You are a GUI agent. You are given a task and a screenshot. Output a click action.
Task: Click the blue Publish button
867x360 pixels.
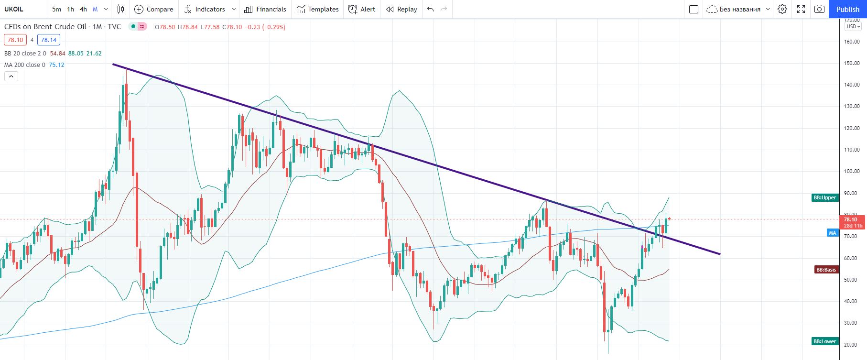[847, 9]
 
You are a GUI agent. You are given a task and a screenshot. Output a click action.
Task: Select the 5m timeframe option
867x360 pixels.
[56, 9]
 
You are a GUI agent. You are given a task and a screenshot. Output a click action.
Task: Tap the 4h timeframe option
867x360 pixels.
[83, 9]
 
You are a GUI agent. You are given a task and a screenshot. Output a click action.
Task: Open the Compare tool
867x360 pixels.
[154, 9]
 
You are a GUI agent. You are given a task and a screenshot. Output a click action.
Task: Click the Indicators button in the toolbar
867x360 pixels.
[205, 9]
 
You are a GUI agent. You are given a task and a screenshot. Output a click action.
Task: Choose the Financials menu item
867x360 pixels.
[265, 9]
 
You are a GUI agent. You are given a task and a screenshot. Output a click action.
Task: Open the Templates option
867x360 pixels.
[317, 9]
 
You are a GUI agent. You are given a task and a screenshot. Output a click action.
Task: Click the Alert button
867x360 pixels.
[362, 9]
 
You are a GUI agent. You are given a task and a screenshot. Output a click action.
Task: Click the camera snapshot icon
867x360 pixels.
[819, 9]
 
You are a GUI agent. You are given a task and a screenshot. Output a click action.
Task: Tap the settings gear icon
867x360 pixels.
[782, 9]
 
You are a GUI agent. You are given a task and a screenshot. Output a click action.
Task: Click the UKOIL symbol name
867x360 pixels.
[14, 9]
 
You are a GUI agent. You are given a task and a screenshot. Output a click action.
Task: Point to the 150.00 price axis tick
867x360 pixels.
[852, 63]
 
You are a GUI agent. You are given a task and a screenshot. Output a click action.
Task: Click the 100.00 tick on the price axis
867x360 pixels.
[852, 171]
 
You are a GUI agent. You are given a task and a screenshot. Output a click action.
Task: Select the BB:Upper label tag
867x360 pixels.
[825, 197]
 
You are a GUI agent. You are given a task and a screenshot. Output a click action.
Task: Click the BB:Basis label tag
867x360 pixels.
[826, 270]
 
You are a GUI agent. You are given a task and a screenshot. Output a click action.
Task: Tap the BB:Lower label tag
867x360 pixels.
[825, 341]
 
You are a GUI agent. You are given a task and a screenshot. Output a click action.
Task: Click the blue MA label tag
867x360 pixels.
[833, 233]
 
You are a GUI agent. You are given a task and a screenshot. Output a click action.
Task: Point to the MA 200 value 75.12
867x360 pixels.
[56, 65]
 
